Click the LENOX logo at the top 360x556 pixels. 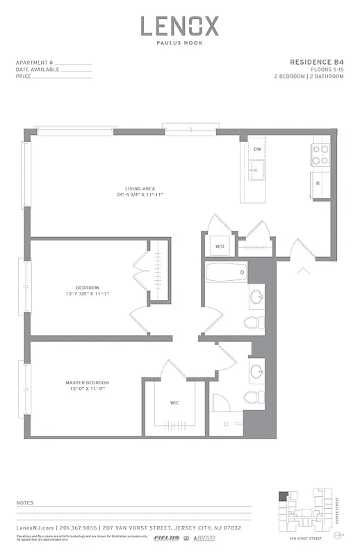coord(180,26)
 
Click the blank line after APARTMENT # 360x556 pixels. coord(69,64)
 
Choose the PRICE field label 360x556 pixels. coord(24,76)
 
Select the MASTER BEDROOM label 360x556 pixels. coord(87,383)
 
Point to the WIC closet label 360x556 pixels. coord(174,402)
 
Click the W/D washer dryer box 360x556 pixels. coord(220,246)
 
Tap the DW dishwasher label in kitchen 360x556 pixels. coord(256,149)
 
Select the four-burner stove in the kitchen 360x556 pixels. coord(320,154)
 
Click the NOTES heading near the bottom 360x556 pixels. coord(24,502)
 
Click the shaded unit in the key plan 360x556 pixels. coord(283,496)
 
